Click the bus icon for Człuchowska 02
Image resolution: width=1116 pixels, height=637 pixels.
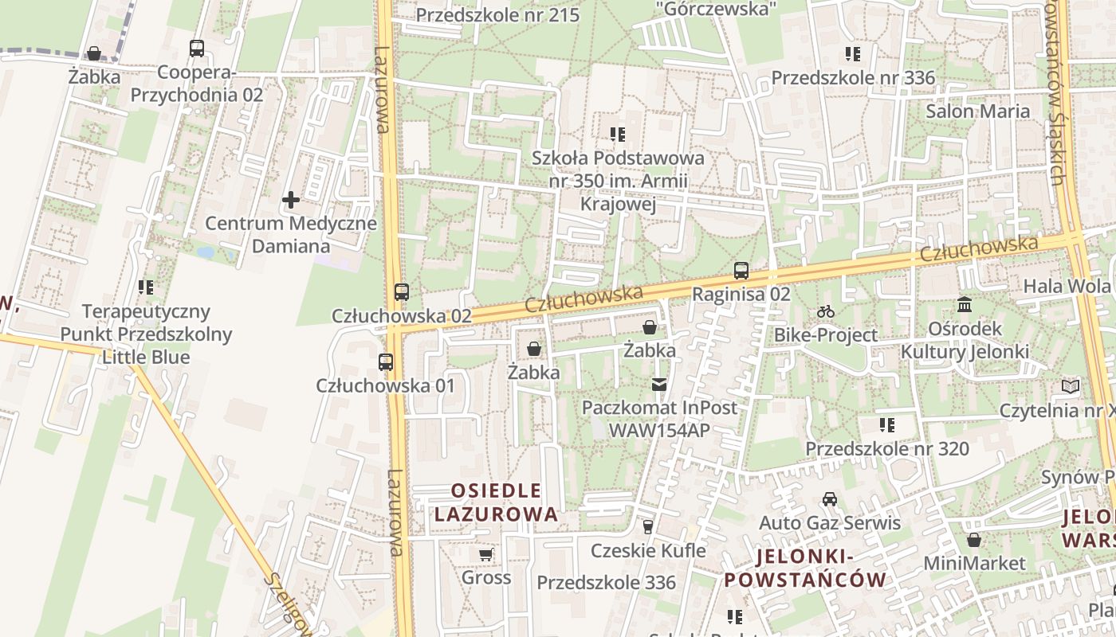pyautogui.click(x=402, y=292)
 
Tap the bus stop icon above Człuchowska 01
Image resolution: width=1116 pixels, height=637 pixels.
pyautogui.click(x=386, y=362)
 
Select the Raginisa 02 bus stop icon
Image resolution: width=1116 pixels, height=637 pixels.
pyautogui.click(x=741, y=271)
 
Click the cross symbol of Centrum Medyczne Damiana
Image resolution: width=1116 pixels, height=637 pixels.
pyautogui.click(x=291, y=199)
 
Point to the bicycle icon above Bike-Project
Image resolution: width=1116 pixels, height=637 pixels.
pyautogui.click(x=826, y=311)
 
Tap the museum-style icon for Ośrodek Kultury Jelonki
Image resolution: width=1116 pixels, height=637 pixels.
pyautogui.click(x=965, y=305)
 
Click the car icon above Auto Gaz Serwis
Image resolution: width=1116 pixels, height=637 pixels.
pyautogui.click(x=830, y=499)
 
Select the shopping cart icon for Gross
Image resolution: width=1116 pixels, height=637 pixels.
pyautogui.click(x=486, y=553)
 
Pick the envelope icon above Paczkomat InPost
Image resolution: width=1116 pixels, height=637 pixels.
pyautogui.click(x=659, y=385)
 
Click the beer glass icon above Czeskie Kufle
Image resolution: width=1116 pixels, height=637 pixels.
pyautogui.click(x=648, y=526)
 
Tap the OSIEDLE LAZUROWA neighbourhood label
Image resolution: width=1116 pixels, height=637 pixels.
pyautogui.click(x=496, y=502)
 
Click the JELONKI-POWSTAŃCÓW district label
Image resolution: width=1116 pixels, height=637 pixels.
pyautogui.click(x=805, y=568)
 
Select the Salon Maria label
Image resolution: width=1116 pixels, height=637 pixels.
pyautogui.click(x=977, y=111)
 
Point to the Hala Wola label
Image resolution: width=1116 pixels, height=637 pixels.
pyautogui.click(x=1067, y=286)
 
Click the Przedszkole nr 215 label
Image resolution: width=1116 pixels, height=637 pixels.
pyautogui.click(x=497, y=14)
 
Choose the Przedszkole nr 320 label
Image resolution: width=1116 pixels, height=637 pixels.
pyautogui.click(x=887, y=448)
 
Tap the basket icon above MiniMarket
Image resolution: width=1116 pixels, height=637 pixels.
pyautogui.click(x=974, y=540)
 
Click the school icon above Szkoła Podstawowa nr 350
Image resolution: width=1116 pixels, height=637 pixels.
pyautogui.click(x=618, y=135)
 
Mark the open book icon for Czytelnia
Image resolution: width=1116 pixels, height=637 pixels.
pyautogui.click(x=1071, y=387)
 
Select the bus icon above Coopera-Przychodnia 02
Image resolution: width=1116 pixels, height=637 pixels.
pyautogui.click(x=197, y=49)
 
